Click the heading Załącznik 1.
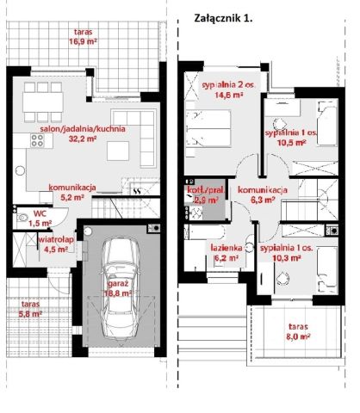[x=223, y=18]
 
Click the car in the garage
[x=121, y=288]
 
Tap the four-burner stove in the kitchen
[x=38, y=140]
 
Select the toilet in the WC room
[x=22, y=217]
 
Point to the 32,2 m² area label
[x=83, y=139]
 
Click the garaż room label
[x=118, y=284]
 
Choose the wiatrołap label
[x=56, y=239]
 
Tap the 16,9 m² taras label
[x=83, y=41]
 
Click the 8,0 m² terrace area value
[x=298, y=336]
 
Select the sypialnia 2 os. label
[x=229, y=85]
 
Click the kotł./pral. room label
[x=206, y=190]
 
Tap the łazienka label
[x=227, y=247]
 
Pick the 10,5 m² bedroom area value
[x=291, y=142]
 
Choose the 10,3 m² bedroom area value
[x=287, y=258]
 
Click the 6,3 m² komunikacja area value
[x=263, y=200]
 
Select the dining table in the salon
[x=43, y=102]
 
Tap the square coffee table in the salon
[x=118, y=151]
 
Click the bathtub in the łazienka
[x=204, y=232]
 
